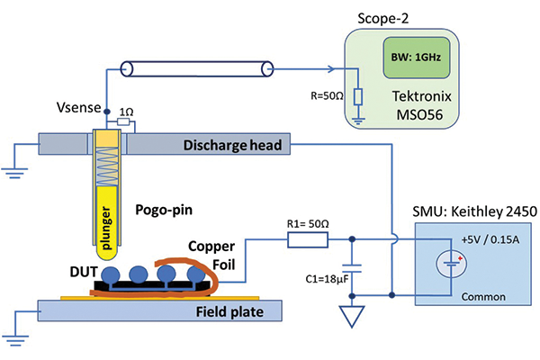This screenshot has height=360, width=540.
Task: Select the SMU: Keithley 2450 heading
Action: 464,212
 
